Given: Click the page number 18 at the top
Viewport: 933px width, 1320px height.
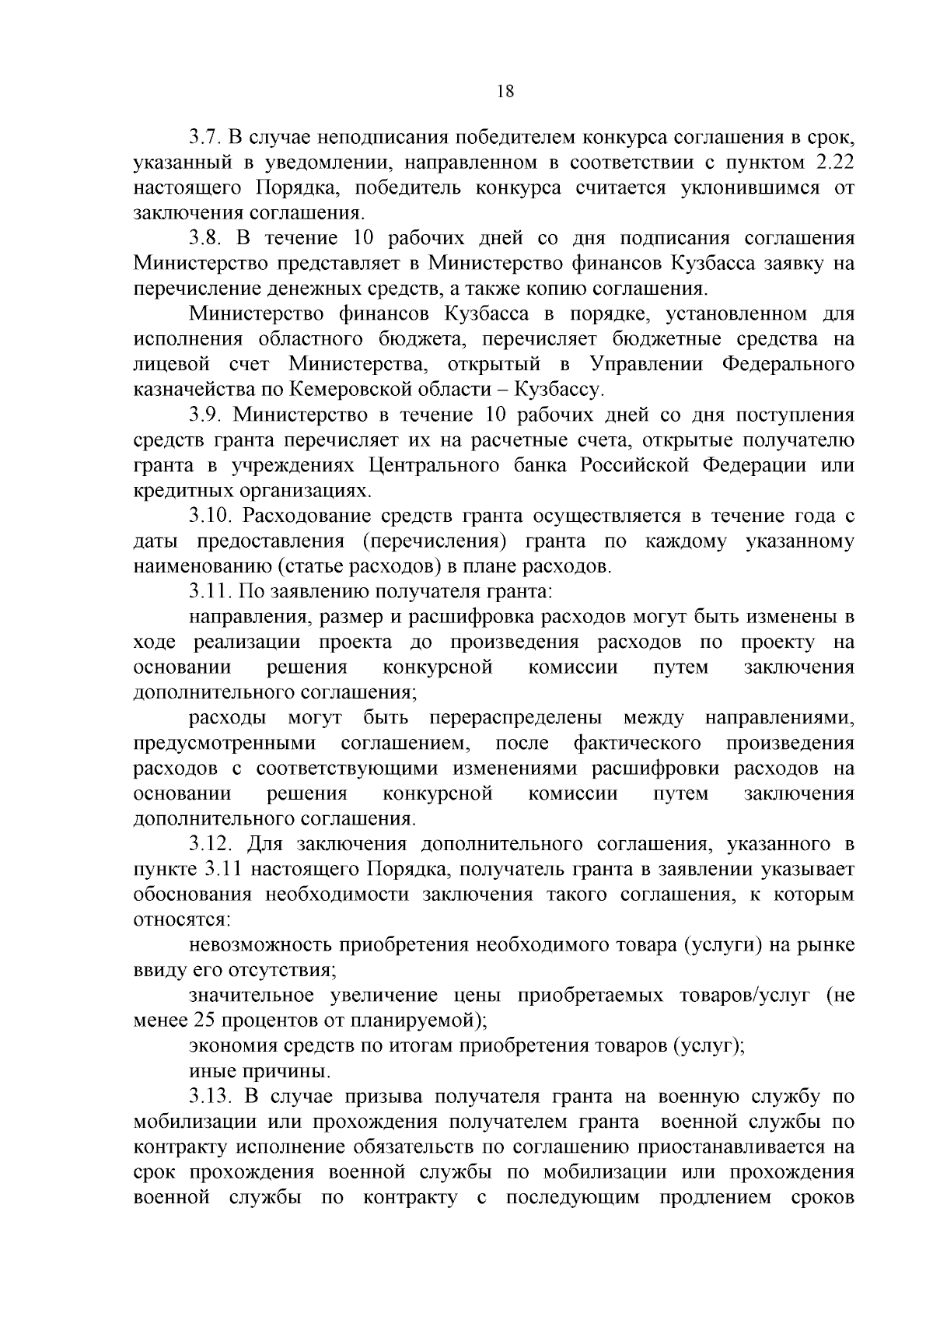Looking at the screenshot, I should (505, 91).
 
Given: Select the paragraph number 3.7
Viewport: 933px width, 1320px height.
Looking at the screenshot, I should (206, 138).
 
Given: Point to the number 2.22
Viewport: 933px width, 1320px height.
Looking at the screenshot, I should (833, 163).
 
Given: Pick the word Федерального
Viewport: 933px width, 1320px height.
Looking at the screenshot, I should (788, 365).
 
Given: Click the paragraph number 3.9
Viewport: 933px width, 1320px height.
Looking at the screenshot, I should (206, 415).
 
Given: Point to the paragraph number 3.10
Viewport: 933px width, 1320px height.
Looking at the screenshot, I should (211, 516).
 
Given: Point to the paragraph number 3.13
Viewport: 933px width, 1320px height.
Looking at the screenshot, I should (211, 1097).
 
